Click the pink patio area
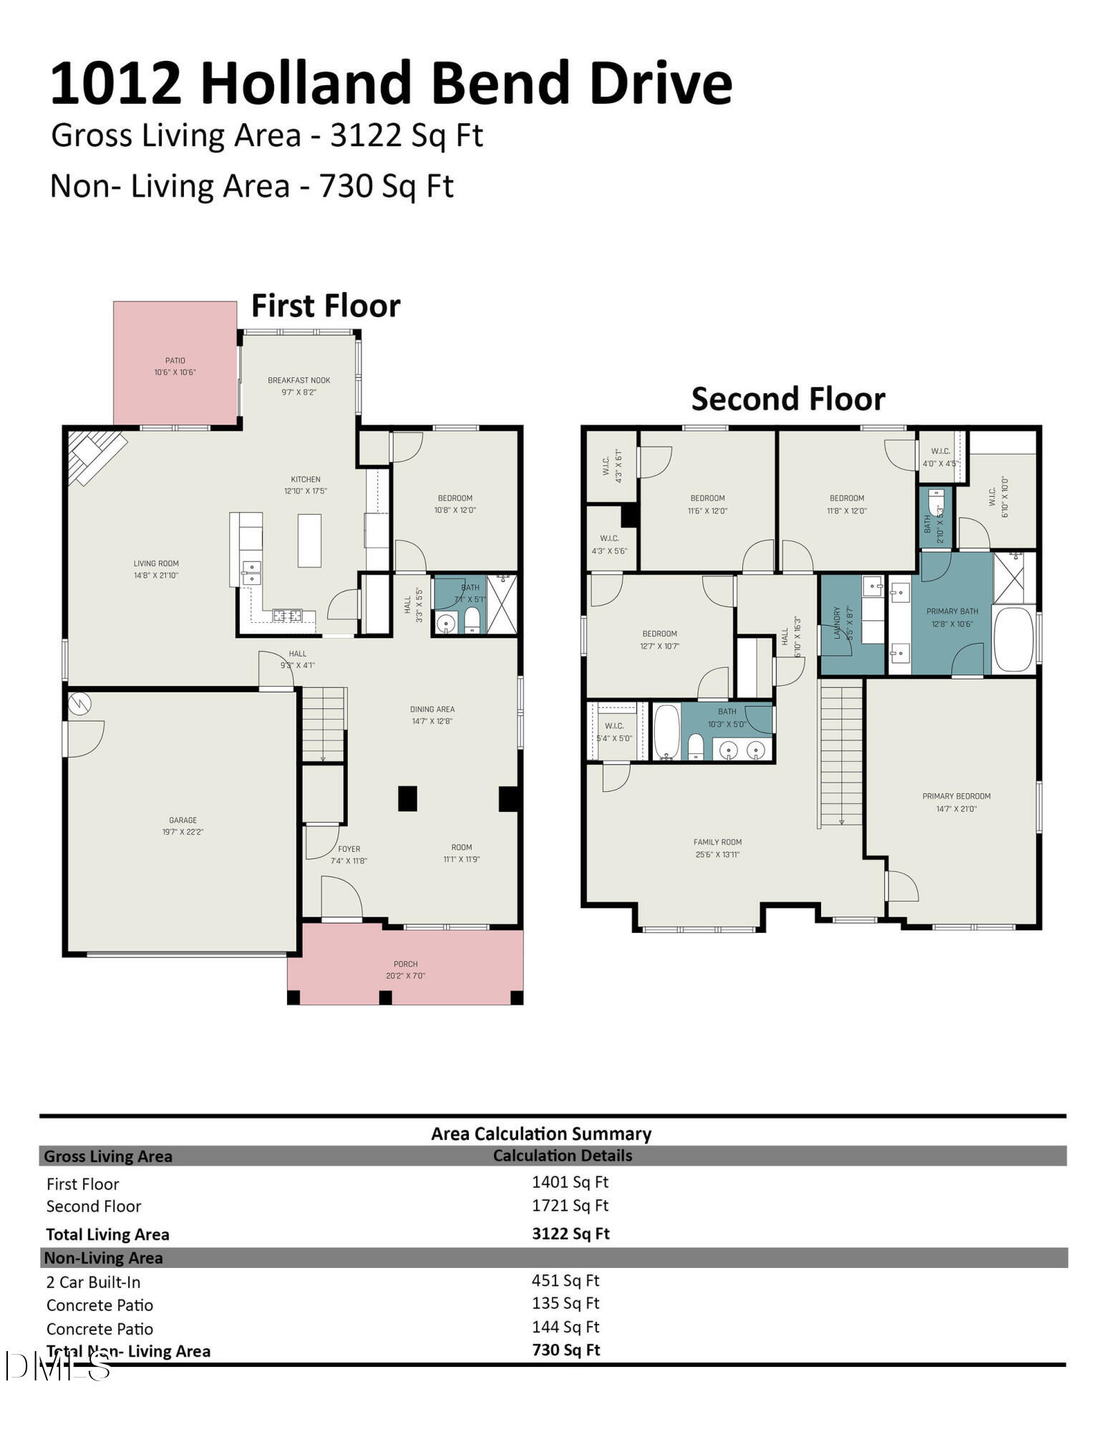click(175, 363)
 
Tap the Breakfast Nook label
click(299, 386)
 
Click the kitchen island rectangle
click(309, 541)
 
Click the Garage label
click(183, 826)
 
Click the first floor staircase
click(323, 723)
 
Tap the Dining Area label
click(432, 715)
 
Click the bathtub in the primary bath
click(1013, 639)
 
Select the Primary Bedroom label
click(956, 802)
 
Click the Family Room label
click(717, 848)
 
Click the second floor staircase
click(841, 752)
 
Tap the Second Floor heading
click(787, 399)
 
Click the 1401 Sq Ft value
click(570, 1182)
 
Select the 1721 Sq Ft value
click(570, 1205)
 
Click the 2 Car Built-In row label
click(93, 1282)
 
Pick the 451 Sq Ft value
click(565, 1280)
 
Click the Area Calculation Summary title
click(541, 1133)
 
